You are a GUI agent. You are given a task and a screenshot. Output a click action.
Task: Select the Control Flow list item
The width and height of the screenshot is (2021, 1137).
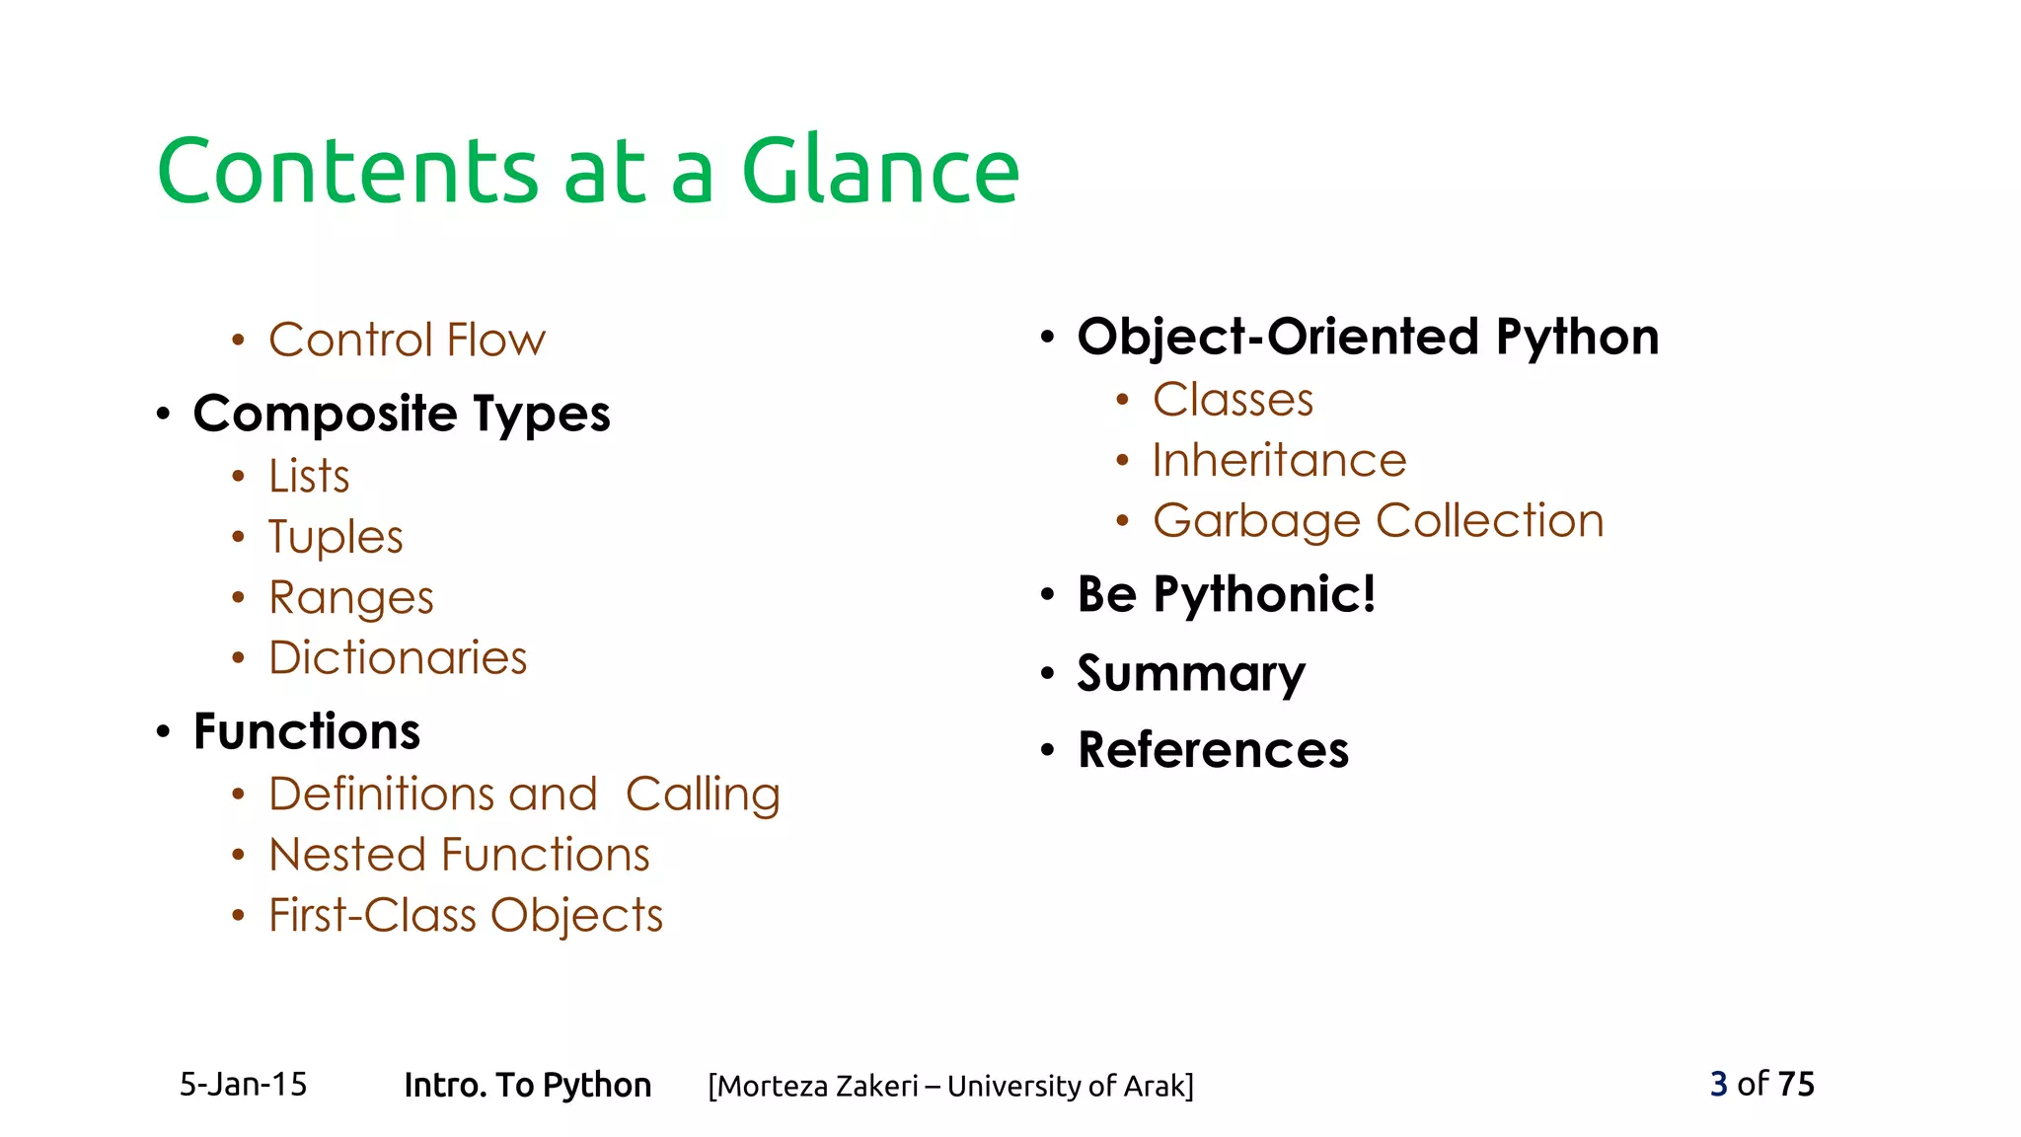(x=407, y=341)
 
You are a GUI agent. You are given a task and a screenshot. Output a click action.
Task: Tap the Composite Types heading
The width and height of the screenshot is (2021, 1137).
(x=402, y=414)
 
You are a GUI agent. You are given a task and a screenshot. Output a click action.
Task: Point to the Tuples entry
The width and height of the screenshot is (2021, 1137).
(x=336, y=538)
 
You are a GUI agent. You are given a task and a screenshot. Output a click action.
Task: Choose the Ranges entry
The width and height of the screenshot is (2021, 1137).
(x=350, y=598)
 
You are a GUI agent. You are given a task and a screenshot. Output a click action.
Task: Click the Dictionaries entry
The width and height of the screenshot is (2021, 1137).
(x=398, y=658)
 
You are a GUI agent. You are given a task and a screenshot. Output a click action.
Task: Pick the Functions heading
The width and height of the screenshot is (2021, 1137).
(x=307, y=732)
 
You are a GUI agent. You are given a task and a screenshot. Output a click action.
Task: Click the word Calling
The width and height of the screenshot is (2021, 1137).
(x=703, y=796)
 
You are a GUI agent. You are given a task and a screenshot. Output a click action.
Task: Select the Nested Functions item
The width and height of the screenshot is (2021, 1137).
(x=459, y=855)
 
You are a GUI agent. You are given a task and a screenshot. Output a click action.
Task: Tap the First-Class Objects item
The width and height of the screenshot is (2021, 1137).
(x=466, y=916)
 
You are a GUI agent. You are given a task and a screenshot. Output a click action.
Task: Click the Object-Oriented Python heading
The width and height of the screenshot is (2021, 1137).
(x=1368, y=338)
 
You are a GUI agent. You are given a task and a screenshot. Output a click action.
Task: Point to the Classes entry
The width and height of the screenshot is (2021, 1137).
(x=1233, y=401)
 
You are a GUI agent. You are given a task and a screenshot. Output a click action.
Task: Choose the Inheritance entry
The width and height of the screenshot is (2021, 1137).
(x=1279, y=461)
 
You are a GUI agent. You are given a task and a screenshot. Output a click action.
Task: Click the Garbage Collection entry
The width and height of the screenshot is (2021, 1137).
(x=1378, y=521)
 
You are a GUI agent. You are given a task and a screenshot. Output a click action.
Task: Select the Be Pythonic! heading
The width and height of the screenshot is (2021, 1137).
(x=1226, y=595)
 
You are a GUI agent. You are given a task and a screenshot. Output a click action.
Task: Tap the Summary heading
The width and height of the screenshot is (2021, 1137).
(x=1191, y=674)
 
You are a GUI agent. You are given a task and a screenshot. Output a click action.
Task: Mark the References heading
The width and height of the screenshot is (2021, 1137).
(x=1213, y=751)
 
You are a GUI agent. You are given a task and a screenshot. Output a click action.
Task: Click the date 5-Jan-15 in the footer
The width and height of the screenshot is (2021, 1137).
(x=243, y=1085)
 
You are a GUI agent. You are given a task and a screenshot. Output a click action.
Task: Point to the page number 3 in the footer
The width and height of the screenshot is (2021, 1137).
(x=1718, y=1084)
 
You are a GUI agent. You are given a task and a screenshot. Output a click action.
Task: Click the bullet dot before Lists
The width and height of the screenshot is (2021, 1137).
(x=238, y=478)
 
